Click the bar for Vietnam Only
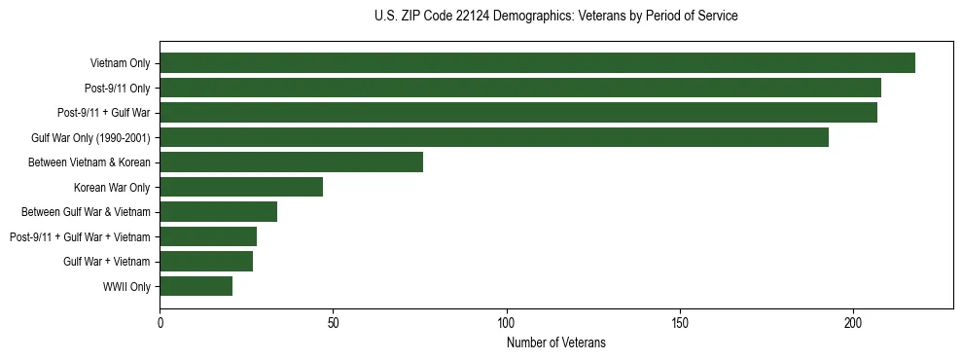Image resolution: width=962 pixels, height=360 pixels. pos(537,63)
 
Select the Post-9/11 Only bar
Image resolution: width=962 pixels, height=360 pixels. pos(520,88)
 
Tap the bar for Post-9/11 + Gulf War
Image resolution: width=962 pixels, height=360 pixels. pos(518,113)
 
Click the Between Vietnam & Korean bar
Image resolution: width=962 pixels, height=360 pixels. pos(292,162)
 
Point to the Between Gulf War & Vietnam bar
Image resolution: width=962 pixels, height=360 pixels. pos(219,211)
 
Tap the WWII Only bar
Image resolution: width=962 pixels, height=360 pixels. pos(196,286)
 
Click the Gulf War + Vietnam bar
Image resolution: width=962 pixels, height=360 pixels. pos(206,261)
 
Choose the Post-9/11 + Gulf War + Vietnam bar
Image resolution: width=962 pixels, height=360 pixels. pos(208,236)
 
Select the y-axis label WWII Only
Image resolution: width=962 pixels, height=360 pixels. pos(126,286)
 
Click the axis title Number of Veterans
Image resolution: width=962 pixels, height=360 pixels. pos(556,342)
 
